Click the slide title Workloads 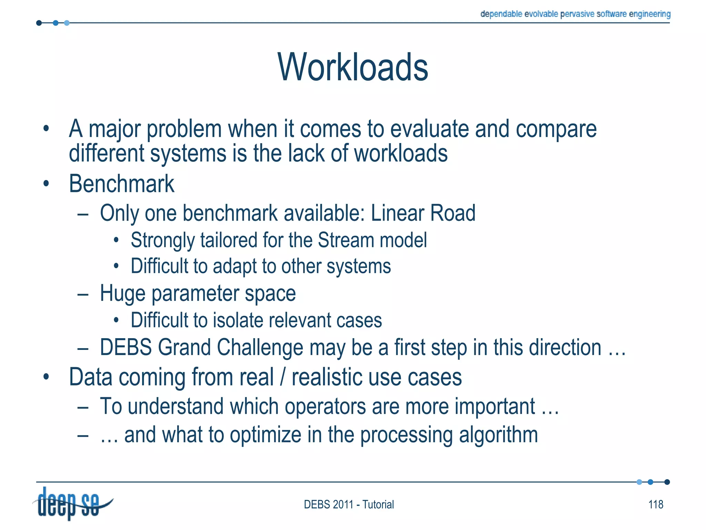353,67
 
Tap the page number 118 656,504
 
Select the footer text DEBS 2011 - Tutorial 349,504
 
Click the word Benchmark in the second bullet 121,184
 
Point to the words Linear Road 423,213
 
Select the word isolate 238,320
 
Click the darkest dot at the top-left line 39,23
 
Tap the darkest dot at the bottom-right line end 667,482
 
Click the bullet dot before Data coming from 46,377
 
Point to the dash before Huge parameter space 83,294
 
